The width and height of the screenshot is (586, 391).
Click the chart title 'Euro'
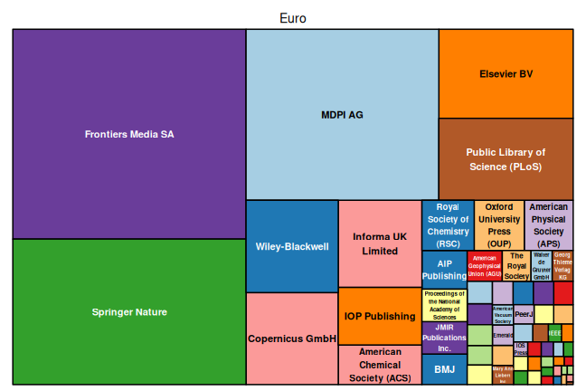point(293,18)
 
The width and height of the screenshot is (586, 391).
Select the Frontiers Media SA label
point(129,134)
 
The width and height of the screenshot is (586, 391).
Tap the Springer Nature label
point(129,312)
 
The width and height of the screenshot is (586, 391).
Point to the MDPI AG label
point(342,115)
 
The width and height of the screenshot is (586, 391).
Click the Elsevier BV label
point(506,74)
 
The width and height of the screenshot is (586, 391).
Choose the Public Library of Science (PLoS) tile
point(506,159)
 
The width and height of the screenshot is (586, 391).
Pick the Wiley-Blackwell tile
point(292,246)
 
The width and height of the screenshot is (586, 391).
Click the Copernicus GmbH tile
point(292,339)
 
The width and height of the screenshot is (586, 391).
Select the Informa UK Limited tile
point(380,243)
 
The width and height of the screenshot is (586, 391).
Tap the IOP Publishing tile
point(380,316)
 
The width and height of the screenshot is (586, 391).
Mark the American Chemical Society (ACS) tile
point(380,365)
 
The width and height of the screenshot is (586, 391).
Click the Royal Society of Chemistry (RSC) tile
point(447,225)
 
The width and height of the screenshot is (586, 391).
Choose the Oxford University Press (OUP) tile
point(498,225)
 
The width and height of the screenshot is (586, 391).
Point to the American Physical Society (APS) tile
point(549,225)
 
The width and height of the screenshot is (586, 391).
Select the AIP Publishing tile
point(445,270)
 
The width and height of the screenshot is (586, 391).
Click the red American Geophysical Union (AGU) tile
point(485,266)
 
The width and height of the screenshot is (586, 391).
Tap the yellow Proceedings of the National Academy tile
point(444,306)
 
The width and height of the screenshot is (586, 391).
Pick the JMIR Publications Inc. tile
point(444,338)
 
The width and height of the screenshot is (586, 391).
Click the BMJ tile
point(444,369)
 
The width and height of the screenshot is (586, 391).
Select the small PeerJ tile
point(524,314)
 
